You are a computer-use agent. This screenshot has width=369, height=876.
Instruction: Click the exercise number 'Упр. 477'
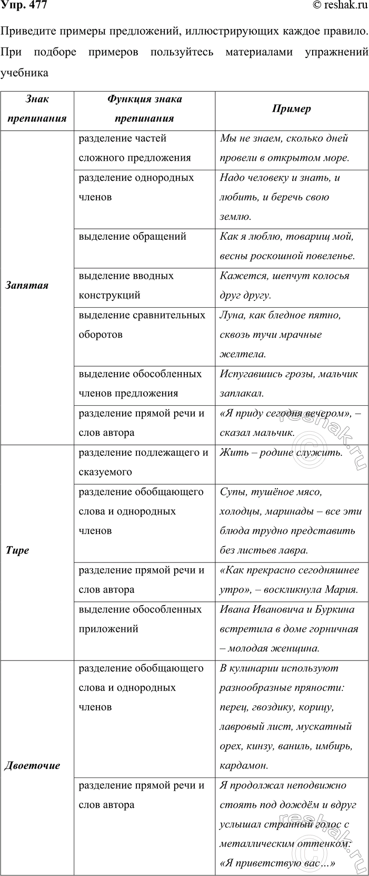click(x=24, y=6)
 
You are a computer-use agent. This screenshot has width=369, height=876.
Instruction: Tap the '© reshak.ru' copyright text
click(x=340, y=6)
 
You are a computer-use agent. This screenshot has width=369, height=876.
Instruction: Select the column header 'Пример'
click(x=292, y=109)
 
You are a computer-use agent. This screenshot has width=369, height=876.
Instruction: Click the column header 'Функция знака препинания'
click(x=144, y=109)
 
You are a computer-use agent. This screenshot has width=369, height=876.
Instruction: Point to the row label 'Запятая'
click(x=27, y=285)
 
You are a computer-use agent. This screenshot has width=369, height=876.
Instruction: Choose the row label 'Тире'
click(x=17, y=550)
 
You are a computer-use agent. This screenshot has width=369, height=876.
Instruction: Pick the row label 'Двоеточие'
click(x=32, y=765)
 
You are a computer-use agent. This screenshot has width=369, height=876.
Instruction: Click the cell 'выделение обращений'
click(x=132, y=236)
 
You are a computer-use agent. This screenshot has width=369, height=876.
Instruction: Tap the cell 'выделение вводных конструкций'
click(x=126, y=285)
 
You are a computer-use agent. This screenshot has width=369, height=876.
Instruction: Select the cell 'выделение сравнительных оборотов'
click(x=142, y=325)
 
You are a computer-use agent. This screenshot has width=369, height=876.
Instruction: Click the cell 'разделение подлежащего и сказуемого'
click(x=143, y=462)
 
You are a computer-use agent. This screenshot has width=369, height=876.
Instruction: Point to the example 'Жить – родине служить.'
click(x=281, y=452)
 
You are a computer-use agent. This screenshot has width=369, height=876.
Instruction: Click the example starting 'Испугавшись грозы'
click(x=288, y=383)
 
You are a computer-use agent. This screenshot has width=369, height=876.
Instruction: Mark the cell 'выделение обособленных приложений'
click(x=140, y=619)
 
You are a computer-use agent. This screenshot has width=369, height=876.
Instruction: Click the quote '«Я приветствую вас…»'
click(x=277, y=863)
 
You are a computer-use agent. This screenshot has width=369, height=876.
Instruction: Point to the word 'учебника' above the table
click(x=25, y=73)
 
